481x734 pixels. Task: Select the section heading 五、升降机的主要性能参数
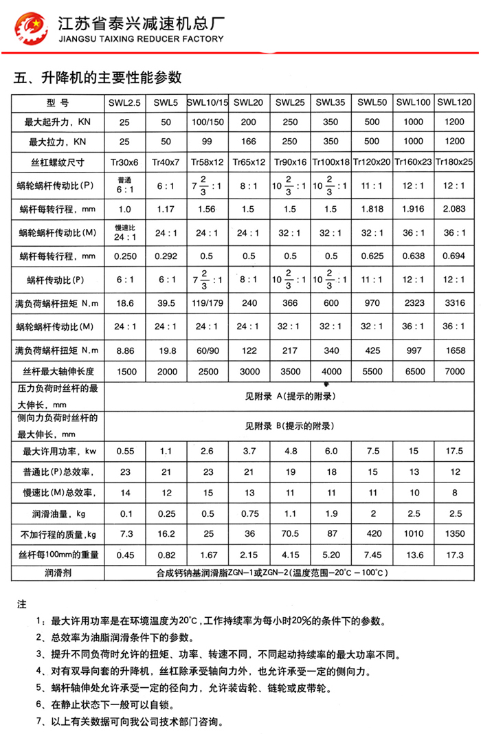pos(97,77)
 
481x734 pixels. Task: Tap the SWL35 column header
pos(331,102)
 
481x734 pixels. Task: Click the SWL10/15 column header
pos(207,102)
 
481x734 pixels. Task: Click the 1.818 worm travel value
pos(372,208)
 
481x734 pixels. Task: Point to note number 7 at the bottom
pos(40,722)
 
